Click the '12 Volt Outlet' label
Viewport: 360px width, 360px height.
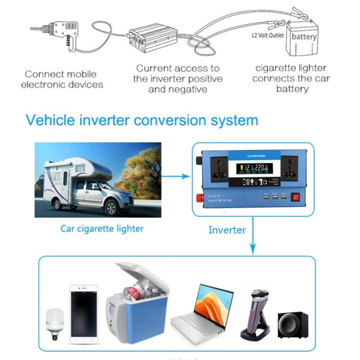pyautogui.click(x=268, y=35)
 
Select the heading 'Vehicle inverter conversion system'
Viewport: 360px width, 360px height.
pyautogui.click(x=142, y=120)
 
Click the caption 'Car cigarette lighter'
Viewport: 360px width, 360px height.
pyautogui.click(x=102, y=228)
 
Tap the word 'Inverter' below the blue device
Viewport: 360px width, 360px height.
pyautogui.click(x=227, y=230)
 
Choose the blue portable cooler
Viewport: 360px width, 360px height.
pyautogui.click(x=137, y=302)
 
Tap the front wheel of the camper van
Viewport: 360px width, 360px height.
pyautogui.click(x=111, y=207)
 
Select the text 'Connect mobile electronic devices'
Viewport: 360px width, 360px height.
pyautogui.click(x=64, y=79)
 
